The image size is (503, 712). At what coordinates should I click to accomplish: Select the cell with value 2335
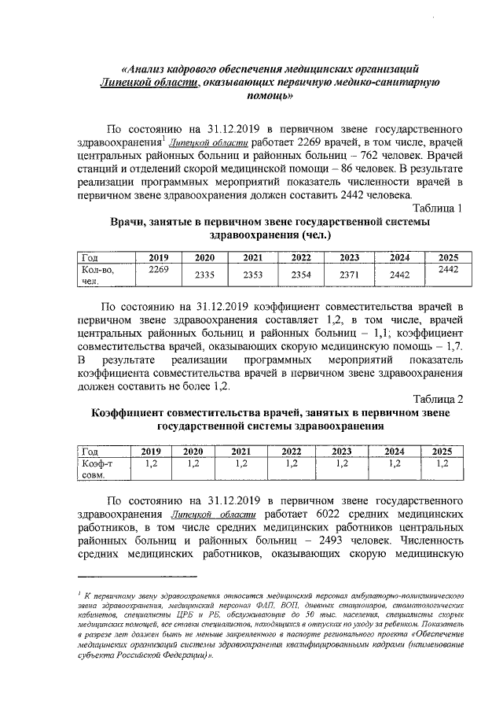click(204, 275)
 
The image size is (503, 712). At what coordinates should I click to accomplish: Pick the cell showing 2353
click(252, 275)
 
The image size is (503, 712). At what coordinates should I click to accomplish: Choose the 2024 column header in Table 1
click(399, 258)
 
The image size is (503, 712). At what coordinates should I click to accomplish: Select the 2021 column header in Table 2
click(241, 451)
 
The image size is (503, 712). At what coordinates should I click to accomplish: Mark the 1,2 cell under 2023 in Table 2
click(341, 463)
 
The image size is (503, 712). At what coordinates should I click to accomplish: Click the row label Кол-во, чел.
click(98, 275)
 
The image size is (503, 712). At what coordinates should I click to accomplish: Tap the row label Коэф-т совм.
click(98, 470)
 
